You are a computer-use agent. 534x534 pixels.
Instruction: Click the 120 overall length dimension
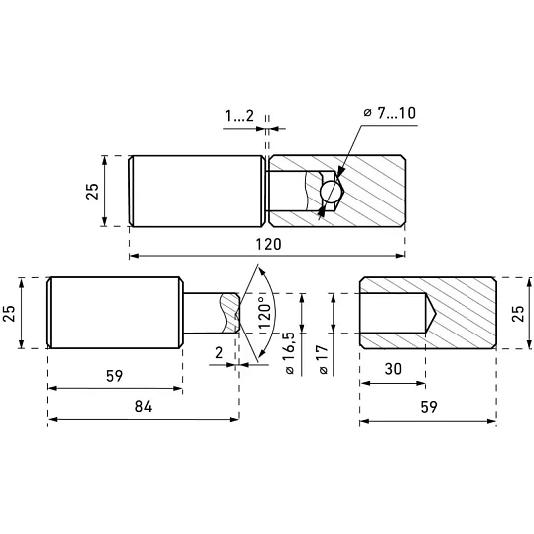click(x=268, y=244)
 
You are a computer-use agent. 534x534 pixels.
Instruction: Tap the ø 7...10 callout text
click(x=390, y=113)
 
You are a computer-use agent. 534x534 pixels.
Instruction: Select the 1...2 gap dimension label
click(x=239, y=116)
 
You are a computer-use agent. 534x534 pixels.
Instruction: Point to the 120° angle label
click(x=265, y=313)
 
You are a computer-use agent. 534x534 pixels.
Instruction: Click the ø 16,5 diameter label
click(x=289, y=352)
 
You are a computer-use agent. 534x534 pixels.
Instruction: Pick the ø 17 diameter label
click(x=323, y=360)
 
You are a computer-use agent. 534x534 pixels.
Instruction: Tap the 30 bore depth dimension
click(x=393, y=369)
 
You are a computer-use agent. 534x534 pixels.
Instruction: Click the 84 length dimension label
click(x=143, y=406)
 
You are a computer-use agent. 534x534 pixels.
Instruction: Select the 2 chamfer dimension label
click(x=219, y=353)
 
